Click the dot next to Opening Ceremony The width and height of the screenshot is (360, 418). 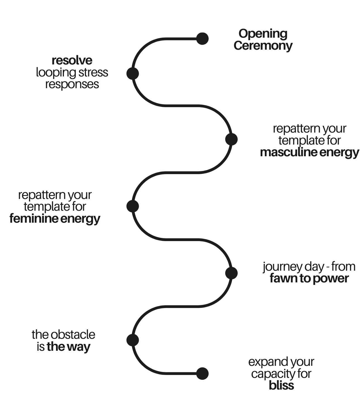[x=202, y=39]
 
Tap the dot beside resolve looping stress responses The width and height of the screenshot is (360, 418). [x=133, y=73]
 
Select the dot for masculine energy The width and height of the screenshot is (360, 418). [x=231, y=139]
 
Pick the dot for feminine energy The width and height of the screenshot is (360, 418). [x=133, y=206]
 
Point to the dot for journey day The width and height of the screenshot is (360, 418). [x=231, y=273]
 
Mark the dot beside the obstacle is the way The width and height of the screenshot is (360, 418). [x=133, y=340]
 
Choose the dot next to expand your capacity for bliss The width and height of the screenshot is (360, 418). [x=202, y=374]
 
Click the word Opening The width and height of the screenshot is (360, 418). [x=263, y=34]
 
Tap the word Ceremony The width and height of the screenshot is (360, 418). [x=263, y=45]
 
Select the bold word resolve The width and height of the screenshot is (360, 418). [x=72, y=60]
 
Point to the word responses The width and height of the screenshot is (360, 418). [x=72, y=84]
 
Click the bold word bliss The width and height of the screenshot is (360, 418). [x=281, y=386]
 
